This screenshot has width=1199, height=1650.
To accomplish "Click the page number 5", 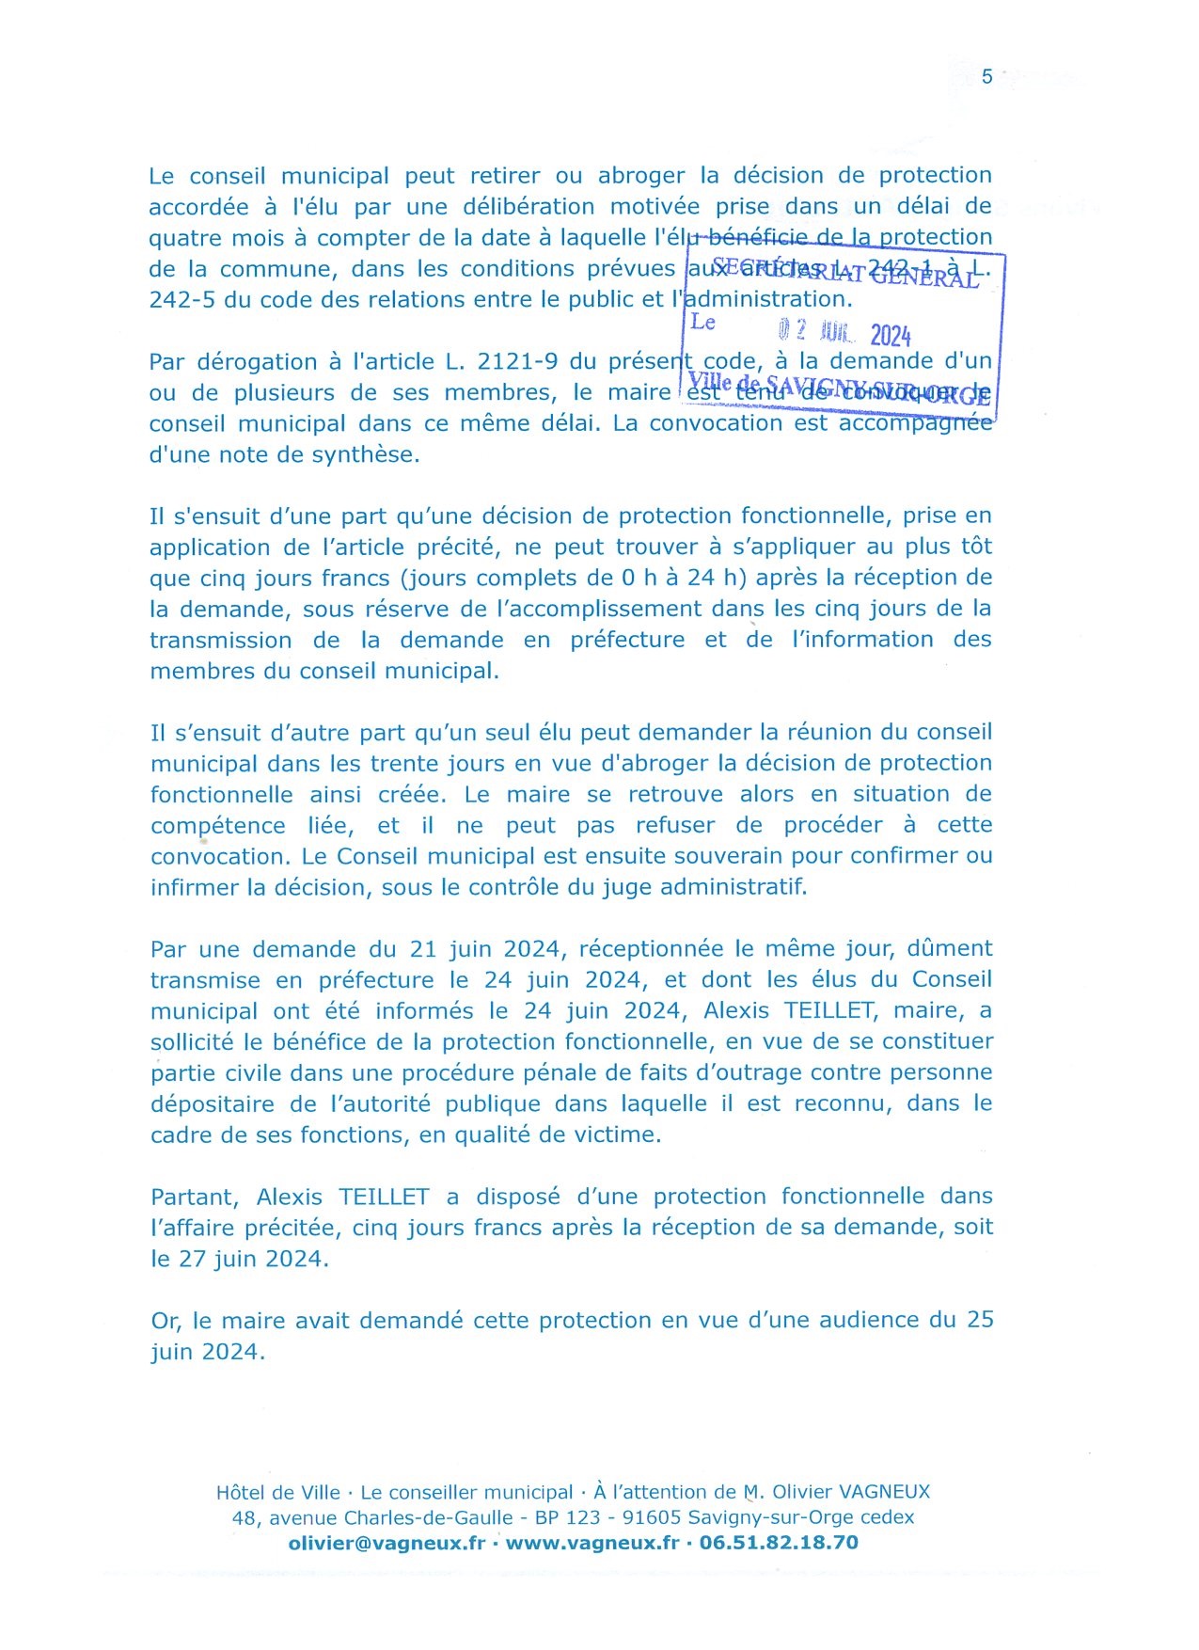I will coord(986,77).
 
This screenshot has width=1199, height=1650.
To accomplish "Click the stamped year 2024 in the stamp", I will coord(890,335).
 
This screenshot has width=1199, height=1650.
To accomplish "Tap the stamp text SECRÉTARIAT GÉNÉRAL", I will coord(845,272).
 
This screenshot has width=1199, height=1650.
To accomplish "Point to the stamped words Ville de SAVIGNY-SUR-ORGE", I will coord(839,389).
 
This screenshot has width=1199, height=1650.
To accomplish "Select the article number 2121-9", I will coord(518,361).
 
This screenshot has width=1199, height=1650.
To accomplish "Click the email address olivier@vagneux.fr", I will coord(387,1543).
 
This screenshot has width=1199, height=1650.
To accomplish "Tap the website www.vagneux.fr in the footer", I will coord(592,1543).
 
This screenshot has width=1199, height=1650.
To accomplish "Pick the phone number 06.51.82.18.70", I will coord(779,1543).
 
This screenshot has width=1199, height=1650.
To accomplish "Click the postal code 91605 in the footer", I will coord(653,1517).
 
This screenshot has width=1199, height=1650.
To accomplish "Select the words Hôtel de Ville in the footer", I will coord(277,1492).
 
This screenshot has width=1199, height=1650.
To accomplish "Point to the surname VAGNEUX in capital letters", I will coord(872,1492).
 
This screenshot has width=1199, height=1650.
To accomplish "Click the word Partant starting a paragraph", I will coord(195,1197).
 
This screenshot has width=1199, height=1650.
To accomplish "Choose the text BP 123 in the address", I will coord(567,1517).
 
